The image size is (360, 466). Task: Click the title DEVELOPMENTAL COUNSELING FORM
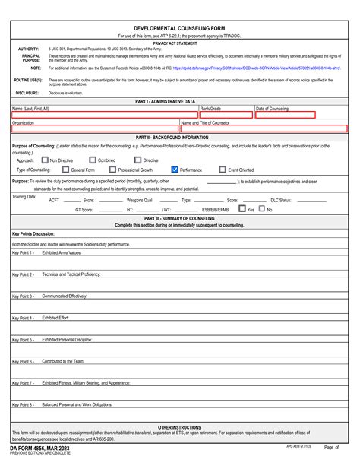180,27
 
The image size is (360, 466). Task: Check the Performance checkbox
175,170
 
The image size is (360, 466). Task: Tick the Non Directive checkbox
45,160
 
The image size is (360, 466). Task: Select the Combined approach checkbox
93,160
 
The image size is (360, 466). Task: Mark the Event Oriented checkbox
223,170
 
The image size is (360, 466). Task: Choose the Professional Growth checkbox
112,170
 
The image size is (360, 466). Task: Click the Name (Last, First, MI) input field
104,116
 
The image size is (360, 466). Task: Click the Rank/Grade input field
226,116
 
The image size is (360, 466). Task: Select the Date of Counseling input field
283,116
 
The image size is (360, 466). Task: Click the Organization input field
95,128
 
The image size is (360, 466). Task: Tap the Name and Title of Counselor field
264,128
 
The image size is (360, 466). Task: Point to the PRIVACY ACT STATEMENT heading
180,43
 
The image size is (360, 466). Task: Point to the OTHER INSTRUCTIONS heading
180,428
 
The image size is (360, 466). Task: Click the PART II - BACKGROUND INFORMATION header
180,137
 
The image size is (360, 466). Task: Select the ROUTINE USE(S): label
27,80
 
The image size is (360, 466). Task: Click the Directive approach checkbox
138,160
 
